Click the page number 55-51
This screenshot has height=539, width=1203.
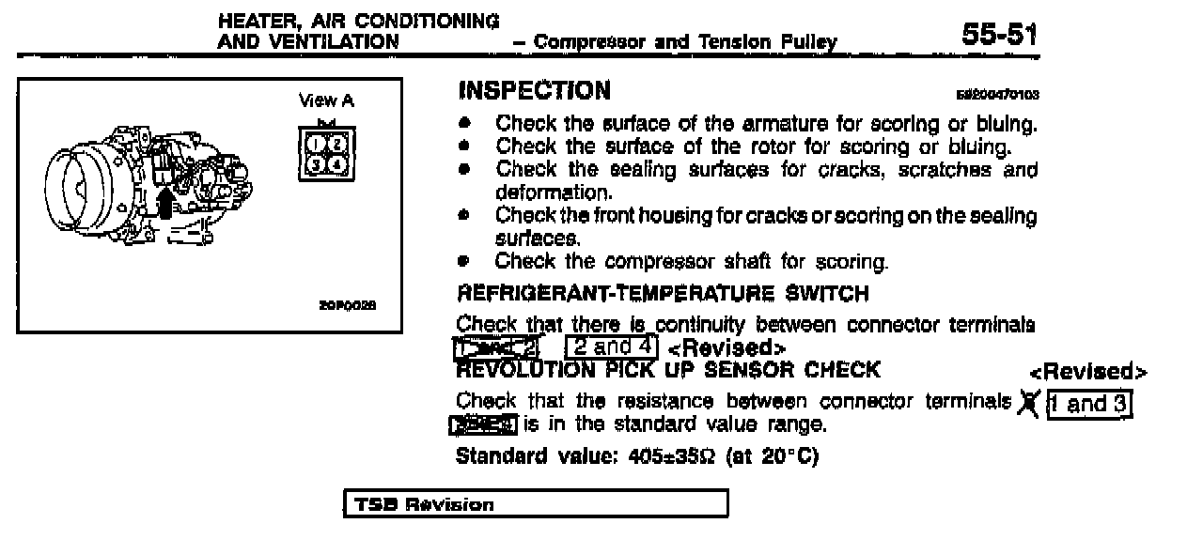pos(999,37)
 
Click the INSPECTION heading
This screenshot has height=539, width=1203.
pos(534,91)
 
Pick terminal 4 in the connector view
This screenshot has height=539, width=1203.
pos(337,165)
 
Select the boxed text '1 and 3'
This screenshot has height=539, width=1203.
pos(1089,405)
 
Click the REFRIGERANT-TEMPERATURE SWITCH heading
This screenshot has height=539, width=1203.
pos(662,295)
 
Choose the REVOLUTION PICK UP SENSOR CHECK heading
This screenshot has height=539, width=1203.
pos(667,369)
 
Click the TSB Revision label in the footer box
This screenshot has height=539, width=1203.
pos(424,505)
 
